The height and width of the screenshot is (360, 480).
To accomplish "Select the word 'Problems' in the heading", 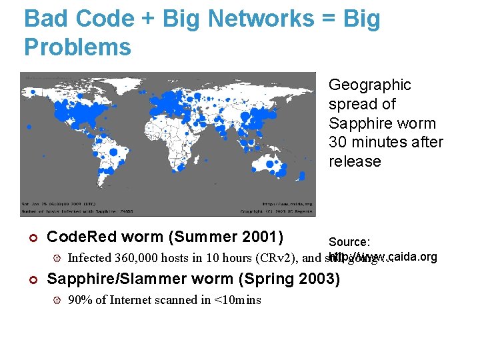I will [77, 47].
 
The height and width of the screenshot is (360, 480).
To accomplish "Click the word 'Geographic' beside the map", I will [369, 85].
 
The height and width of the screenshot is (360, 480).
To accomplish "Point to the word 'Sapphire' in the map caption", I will [355, 124].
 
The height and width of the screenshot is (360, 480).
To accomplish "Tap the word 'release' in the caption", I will [355, 162].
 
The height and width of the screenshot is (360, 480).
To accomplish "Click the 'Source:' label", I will [349, 242].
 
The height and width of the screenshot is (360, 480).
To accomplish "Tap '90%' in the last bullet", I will [81, 300].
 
